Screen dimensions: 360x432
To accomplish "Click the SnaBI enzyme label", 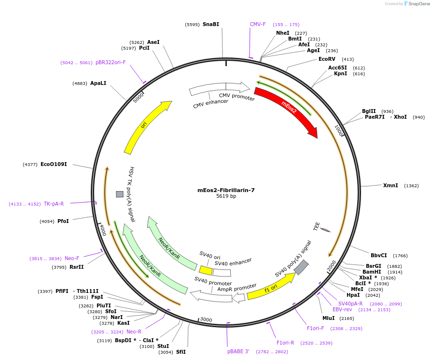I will (x=210, y=24).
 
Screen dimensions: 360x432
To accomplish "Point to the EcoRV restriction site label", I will (x=327, y=59).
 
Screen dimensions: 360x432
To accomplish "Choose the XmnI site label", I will (x=390, y=185).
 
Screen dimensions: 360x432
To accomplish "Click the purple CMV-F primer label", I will (x=258, y=24).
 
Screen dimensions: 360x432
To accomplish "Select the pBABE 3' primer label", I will (x=238, y=351).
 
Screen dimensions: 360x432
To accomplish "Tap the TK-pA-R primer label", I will (x=54, y=204).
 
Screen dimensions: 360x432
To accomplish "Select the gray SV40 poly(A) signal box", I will (x=301, y=267).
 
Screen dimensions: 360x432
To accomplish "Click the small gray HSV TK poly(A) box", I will (x=120, y=194).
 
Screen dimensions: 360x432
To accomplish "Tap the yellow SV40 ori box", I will (x=206, y=271).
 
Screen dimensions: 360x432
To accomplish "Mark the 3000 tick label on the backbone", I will (x=206, y=319).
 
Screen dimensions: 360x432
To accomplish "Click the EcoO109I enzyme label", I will (x=54, y=165).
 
